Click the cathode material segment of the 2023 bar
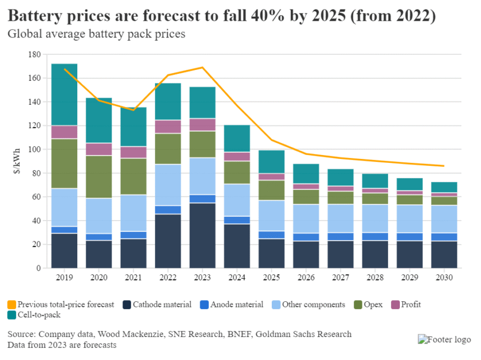pos(202,236)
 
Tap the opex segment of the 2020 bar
pos(99,177)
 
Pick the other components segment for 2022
pos(168,185)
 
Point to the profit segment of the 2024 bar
pos(237,157)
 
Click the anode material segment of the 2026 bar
pos(306,237)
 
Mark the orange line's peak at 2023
pos(202,67)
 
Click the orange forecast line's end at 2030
pos(444,166)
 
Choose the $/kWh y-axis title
pos(16,161)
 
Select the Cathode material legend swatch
pos(128,305)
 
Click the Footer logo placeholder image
pos(445,339)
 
